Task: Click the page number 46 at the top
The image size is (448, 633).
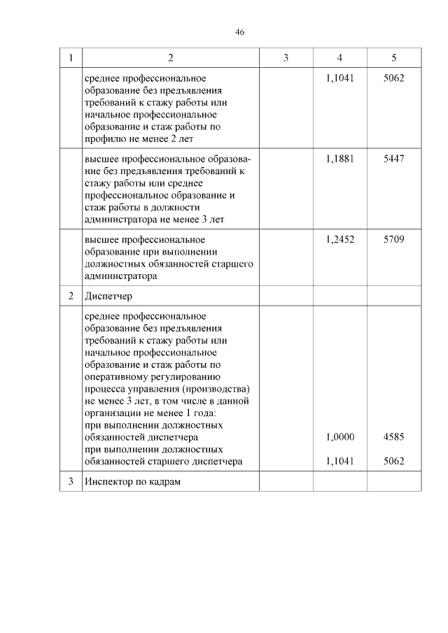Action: click(x=239, y=32)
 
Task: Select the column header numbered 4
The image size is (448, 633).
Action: click(x=339, y=58)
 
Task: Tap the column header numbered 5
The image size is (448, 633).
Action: click(x=394, y=58)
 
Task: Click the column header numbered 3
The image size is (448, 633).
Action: click(x=286, y=58)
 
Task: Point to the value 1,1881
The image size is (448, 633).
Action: click(x=340, y=158)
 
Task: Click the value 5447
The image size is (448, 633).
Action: click(x=394, y=158)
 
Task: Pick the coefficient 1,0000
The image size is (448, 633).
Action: click(x=340, y=436)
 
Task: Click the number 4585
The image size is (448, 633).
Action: click(x=394, y=436)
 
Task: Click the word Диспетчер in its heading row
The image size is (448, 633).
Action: click(x=108, y=296)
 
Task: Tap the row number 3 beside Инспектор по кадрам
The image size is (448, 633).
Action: click(x=71, y=482)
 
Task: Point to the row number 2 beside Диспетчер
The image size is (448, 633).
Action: click(x=71, y=296)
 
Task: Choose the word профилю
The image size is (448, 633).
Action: click(x=103, y=138)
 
